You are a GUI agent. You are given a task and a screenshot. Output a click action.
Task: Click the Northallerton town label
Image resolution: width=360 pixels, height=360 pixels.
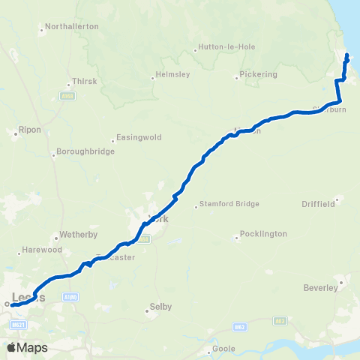coord(72,26)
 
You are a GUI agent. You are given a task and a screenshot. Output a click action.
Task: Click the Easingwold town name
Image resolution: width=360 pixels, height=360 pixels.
coord(136,138)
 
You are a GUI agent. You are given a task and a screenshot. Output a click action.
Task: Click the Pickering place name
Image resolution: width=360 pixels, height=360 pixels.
coord(259,74)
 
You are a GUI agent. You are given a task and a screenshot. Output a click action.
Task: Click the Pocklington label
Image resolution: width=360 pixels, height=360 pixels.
coord(262,234)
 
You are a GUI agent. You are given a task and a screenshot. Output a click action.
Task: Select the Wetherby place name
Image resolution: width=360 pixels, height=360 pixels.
coord(79,234)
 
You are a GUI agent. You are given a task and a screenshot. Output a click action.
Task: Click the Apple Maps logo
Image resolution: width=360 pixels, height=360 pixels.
coord(27,347)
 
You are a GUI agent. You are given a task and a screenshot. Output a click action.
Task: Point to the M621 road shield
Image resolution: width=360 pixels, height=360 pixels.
coord(19,325)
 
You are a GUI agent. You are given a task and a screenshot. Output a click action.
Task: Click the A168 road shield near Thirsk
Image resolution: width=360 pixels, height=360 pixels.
coord(67,96)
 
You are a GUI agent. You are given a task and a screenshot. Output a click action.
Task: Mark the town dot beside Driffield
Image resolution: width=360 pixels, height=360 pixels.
coord(337,199)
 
